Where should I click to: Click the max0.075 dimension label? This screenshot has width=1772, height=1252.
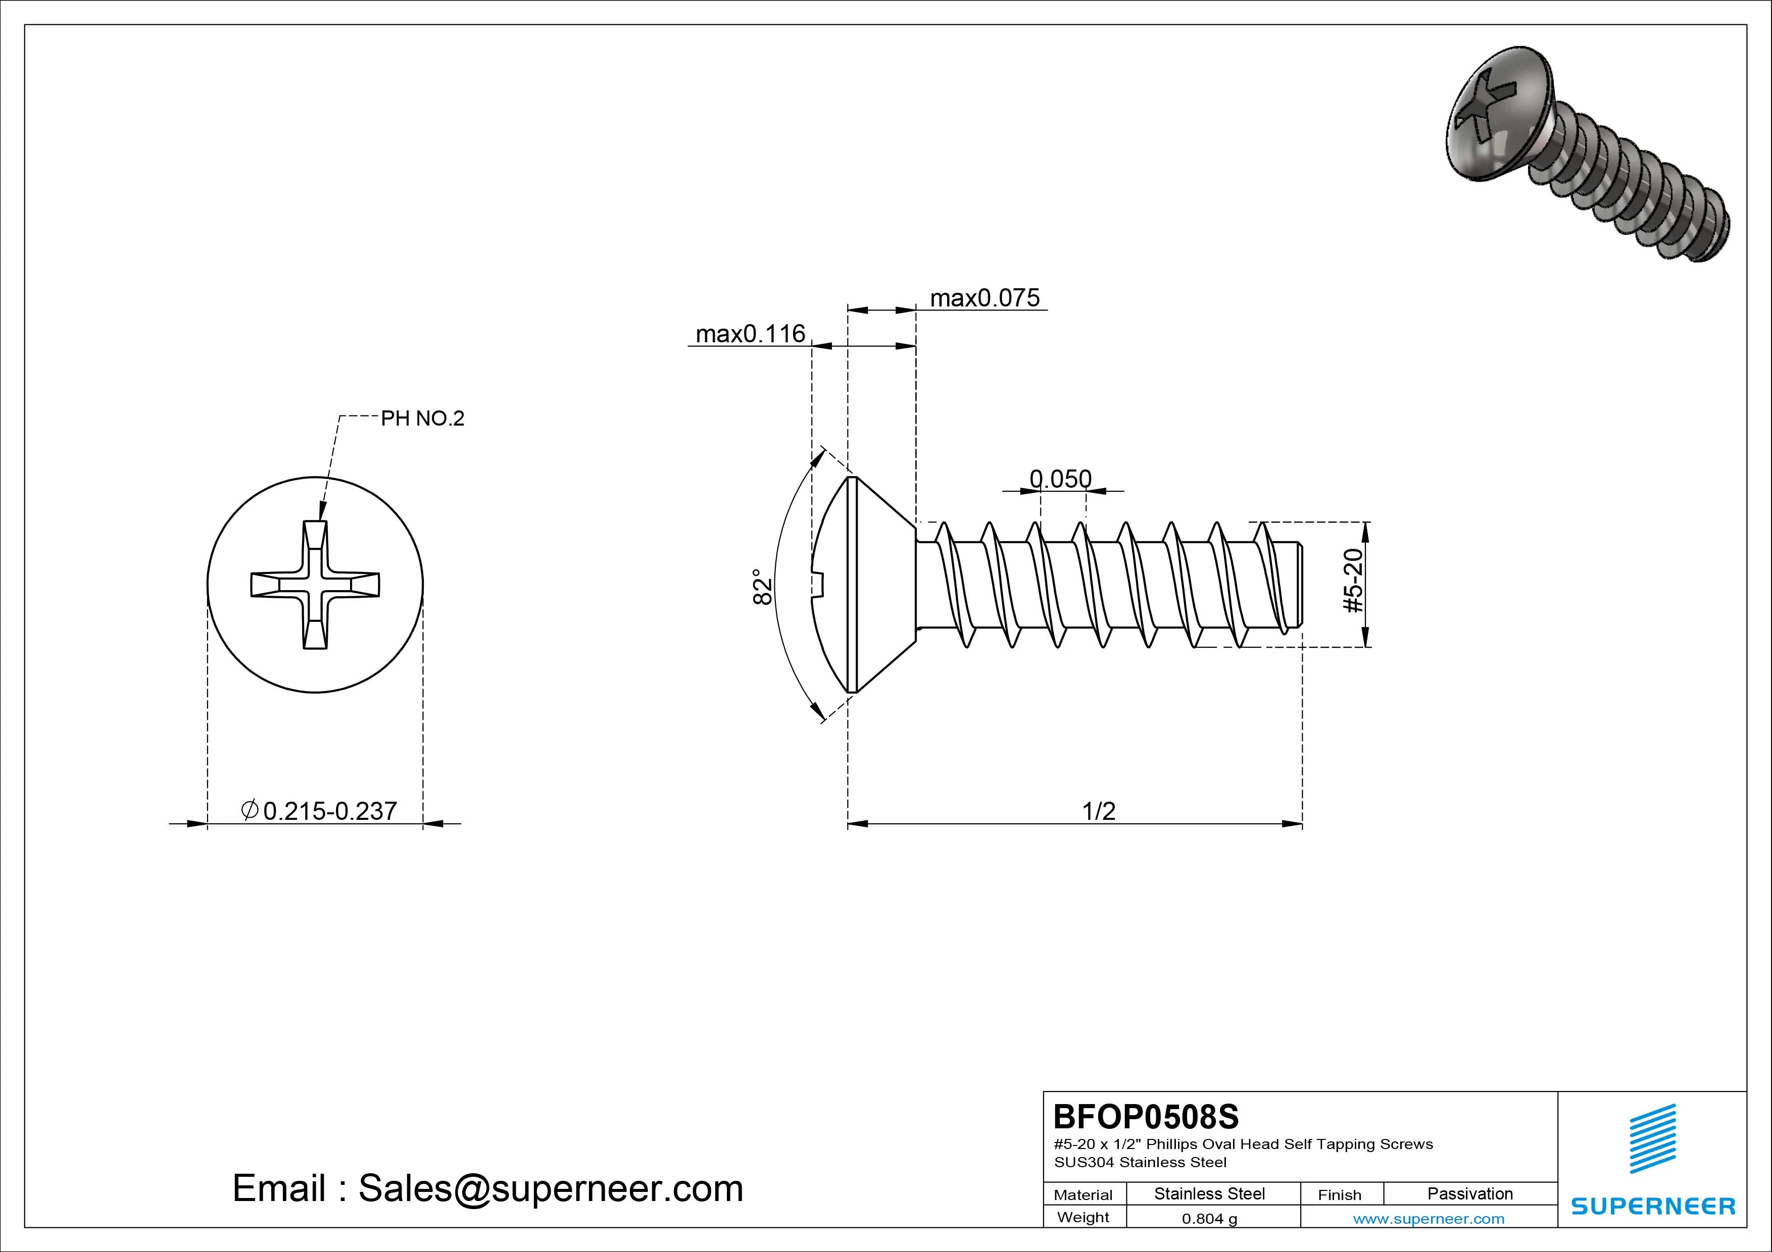pyautogui.click(x=985, y=298)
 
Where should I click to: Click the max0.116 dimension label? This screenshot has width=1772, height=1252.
pyautogui.click(x=750, y=334)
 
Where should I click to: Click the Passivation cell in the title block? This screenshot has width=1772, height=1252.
pyautogui.click(x=1469, y=1193)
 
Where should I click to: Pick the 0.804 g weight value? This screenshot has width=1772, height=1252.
pyautogui.click(x=1209, y=1219)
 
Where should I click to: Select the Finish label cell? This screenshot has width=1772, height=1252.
pyautogui.click(x=1340, y=1194)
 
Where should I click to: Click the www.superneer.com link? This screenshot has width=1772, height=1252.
pyautogui.click(x=1429, y=1219)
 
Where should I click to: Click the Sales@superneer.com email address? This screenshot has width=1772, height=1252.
pyautogui.click(x=550, y=1189)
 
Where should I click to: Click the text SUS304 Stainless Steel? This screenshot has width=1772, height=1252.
pyautogui.click(x=1140, y=1162)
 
